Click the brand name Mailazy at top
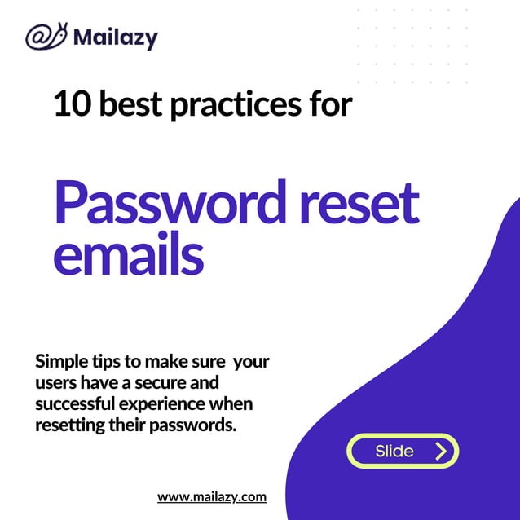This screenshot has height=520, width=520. click(x=115, y=37)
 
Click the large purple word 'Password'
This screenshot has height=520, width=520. click(x=162, y=205)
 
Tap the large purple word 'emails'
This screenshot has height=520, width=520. click(x=128, y=255)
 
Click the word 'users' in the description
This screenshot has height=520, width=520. click(x=54, y=383)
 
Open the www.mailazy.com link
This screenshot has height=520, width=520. click(x=212, y=496)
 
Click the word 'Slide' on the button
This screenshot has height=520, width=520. click(x=394, y=451)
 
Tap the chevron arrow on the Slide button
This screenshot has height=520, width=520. click(x=441, y=451)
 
